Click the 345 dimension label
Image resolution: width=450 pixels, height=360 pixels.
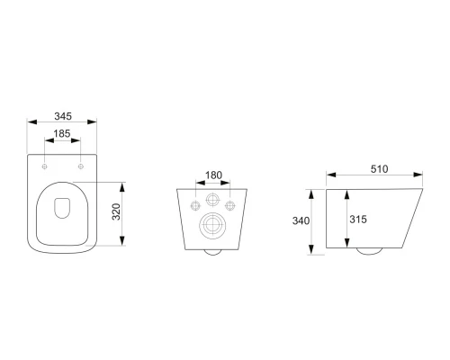tap(63, 116)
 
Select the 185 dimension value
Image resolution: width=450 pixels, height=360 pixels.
tap(62, 133)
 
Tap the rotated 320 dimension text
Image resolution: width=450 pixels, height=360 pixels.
tap(116, 211)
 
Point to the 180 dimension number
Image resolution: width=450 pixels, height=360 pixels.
tap(213, 175)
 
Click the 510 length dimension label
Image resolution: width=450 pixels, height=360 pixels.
tap(379, 169)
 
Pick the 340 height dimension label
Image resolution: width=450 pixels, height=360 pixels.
tap(301, 220)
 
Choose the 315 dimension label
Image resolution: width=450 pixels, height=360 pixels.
tap(358, 220)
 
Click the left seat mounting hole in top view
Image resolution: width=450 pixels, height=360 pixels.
tap(44, 166)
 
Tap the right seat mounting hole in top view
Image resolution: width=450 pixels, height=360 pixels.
tap(81, 166)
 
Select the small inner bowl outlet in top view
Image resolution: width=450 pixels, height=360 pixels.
tap(54, 208)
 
